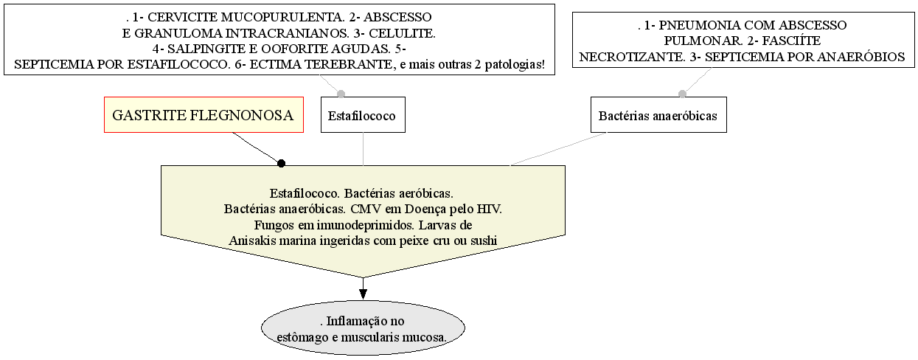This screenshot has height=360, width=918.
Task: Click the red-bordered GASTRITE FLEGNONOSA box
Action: coord(204,115)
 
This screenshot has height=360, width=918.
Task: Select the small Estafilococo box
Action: coord(363,115)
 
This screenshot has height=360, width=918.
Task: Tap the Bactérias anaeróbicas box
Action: coord(658,115)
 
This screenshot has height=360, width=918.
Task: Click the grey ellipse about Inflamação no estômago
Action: coord(363,328)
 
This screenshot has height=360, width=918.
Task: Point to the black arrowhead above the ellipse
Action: coord(363,294)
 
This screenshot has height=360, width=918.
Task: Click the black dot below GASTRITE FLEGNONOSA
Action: coord(281,164)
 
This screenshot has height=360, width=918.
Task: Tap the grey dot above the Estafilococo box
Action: coord(341,94)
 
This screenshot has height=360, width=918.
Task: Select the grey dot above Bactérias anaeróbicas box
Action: coord(682,94)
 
